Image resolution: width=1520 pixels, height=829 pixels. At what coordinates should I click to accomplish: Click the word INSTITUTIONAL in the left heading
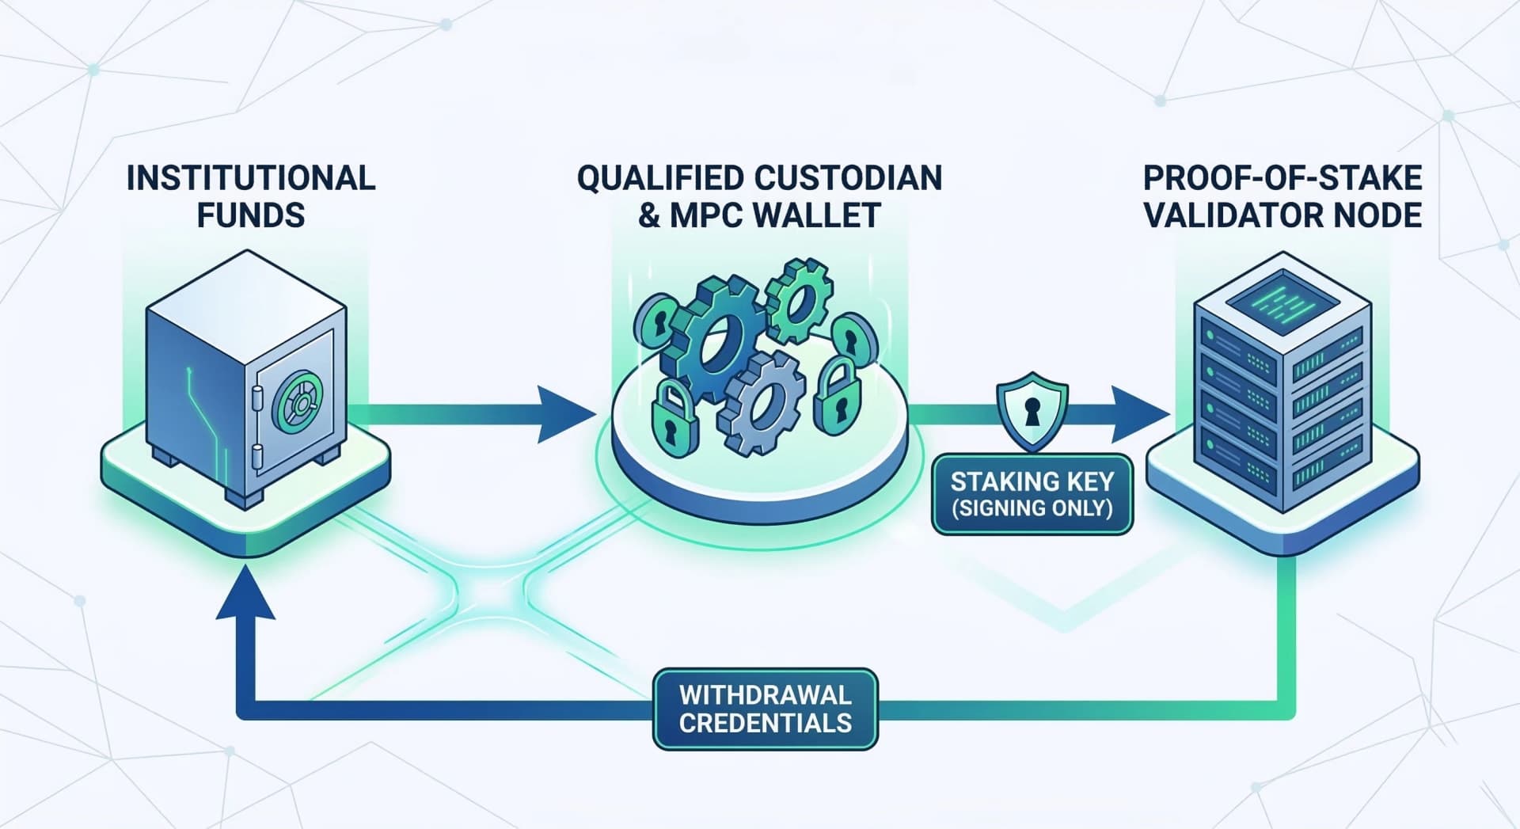click(250, 178)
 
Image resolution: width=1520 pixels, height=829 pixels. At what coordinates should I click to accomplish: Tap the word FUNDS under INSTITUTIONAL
click(250, 215)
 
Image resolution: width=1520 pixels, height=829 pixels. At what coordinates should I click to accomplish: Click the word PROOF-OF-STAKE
click(1282, 178)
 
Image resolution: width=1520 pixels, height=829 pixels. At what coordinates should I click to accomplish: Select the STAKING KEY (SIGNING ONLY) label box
click(1032, 494)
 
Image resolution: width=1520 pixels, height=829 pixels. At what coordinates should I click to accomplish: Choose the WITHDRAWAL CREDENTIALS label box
click(765, 709)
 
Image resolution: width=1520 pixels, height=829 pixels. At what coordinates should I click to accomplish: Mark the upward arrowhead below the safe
click(245, 594)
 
